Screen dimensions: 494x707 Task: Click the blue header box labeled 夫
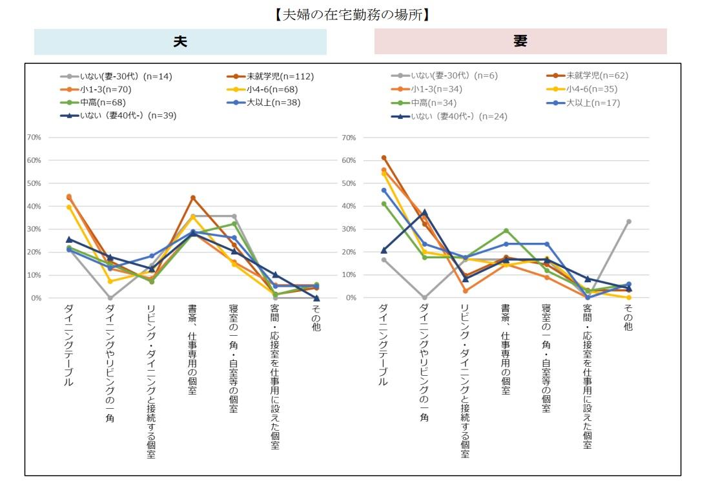coord(180,41)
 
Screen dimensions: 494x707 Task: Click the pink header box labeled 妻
coord(520,41)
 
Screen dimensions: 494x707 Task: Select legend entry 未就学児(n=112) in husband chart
coord(271,76)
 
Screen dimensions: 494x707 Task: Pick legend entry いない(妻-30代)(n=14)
coord(116,76)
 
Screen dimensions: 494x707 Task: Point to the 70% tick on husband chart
coord(34,138)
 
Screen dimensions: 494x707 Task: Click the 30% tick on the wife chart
coord(349,229)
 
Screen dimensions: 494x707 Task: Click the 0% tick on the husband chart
coord(36,298)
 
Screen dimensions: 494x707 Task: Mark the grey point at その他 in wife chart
coord(628,221)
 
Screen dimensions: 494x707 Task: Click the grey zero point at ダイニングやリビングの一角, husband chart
coord(110,298)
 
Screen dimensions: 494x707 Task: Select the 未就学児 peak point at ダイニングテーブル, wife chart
coord(384,158)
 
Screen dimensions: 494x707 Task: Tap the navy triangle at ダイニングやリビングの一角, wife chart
coord(425,212)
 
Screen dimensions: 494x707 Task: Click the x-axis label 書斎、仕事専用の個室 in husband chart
coord(192,349)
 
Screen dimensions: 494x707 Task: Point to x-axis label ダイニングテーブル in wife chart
coord(384,345)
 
